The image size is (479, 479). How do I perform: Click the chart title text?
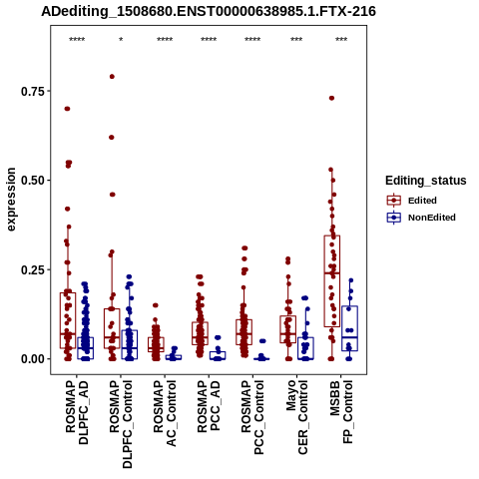click(x=209, y=11)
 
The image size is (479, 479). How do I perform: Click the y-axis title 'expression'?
click(x=11, y=200)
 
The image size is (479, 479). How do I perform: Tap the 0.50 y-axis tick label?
click(x=33, y=181)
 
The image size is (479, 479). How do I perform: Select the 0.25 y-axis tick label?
click(x=33, y=269)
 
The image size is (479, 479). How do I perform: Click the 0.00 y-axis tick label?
click(x=33, y=359)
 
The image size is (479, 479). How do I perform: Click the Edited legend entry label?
click(x=422, y=201)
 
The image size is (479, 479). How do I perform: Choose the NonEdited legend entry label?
click(x=432, y=218)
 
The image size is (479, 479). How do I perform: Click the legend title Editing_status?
click(x=426, y=181)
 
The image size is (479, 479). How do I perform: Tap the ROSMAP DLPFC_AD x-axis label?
click(x=77, y=412)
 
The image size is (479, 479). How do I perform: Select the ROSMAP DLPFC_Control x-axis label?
click(x=121, y=424)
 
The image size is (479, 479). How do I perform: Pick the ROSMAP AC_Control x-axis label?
click(x=165, y=413)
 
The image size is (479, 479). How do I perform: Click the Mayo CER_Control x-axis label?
click(x=296, y=417)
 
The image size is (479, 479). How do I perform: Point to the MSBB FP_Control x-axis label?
click(x=341, y=412)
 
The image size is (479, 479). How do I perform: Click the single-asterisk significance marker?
click(x=121, y=39)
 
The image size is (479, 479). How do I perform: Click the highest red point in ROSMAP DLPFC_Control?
click(x=112, y=77)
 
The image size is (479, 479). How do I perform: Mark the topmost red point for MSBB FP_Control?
click(x=331, y=98)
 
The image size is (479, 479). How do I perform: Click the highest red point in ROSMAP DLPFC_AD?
click(x=67, y=109)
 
